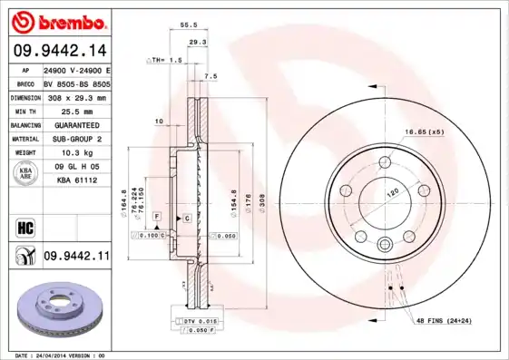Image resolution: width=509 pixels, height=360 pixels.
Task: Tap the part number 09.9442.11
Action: tap(76, 258)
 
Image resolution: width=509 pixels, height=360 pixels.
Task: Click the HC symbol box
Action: tap(24, 227)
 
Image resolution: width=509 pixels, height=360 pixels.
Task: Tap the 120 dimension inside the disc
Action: tap(394, 193)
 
